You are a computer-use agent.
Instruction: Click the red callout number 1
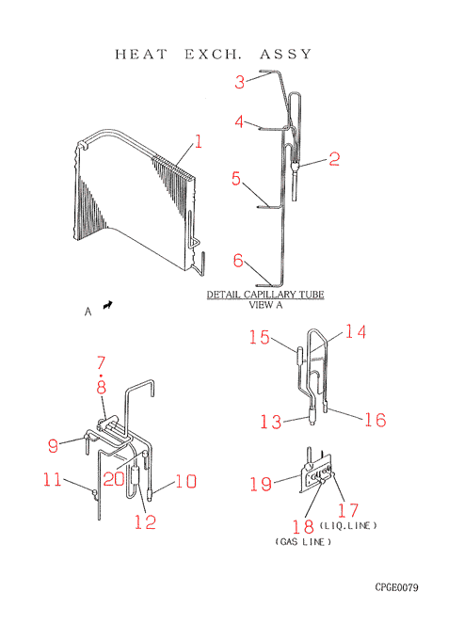(x=198, y=141)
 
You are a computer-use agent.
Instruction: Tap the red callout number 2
(x=334, y=159)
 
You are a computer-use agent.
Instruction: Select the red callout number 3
(x=240, y=82)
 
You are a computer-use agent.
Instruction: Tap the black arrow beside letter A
(x=107, y=305)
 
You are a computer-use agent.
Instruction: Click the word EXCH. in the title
(x=212, y=54)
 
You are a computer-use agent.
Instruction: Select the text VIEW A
(x=265, y=305)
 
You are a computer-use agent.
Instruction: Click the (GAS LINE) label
(x=303, y=541)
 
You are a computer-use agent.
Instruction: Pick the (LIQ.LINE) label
(x=348, y=525)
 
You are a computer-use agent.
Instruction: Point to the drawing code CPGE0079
(x=396, y=587)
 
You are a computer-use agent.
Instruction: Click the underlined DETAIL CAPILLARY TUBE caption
(x=265, y=295)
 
